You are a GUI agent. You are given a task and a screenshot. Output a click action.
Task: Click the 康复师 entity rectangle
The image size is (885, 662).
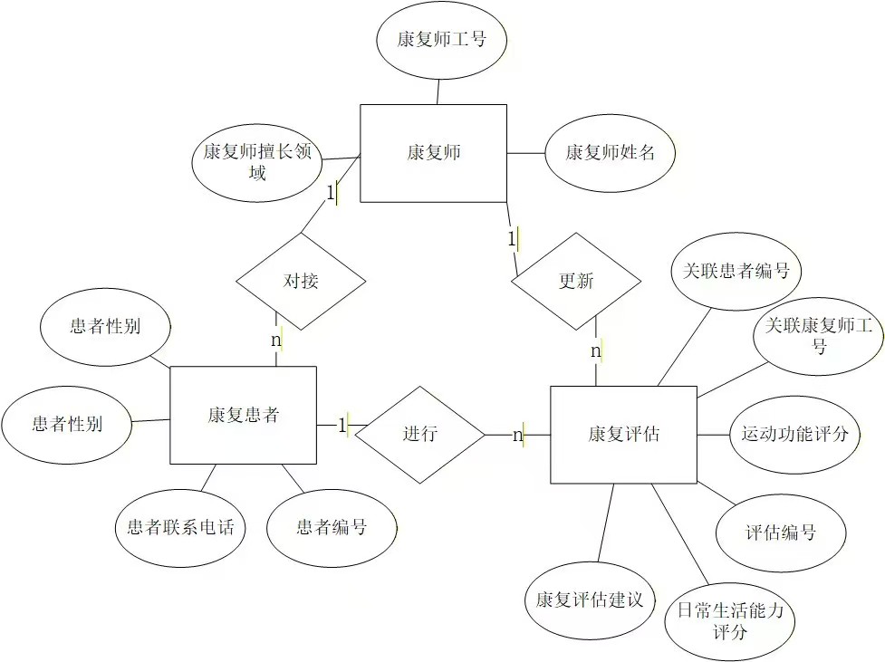(433, 153)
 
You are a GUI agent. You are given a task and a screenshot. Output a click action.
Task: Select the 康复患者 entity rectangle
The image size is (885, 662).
(243, 415)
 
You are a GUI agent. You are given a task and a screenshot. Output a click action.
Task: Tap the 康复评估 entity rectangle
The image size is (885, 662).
(623, 434)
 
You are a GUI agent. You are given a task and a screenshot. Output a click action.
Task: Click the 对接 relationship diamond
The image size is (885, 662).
(301, 281)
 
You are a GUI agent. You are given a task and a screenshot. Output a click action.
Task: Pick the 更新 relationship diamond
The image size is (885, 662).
(576, 281)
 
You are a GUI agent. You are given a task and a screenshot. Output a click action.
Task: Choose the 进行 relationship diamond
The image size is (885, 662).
(420, 434)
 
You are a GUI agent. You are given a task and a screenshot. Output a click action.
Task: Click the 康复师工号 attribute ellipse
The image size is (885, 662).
(440, 40)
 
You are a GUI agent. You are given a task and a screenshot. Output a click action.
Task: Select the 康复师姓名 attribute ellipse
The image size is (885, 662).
(610, 153)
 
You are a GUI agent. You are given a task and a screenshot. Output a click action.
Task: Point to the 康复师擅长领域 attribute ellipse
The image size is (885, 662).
(257, 162)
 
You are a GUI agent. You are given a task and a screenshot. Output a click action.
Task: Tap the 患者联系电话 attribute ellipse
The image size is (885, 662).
(181, 527)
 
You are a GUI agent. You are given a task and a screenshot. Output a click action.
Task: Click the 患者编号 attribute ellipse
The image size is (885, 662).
(332, 527)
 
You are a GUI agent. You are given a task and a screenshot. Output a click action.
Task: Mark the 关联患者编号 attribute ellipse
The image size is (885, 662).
(736, 271)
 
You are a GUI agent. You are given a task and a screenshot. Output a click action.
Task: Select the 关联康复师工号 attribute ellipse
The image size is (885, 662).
(819, 335)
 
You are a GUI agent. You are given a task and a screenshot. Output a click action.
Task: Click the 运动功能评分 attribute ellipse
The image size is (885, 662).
(794, 434)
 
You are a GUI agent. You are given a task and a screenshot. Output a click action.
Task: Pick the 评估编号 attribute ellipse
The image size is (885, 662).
(780, 532)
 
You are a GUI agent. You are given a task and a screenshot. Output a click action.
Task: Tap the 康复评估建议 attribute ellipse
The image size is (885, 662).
(589, 600)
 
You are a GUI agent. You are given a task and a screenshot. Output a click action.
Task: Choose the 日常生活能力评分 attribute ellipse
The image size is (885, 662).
(729, 620)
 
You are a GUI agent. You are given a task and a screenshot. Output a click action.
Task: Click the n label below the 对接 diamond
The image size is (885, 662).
(276, 341)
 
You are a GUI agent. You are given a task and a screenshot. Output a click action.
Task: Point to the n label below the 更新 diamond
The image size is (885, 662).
(596, 350)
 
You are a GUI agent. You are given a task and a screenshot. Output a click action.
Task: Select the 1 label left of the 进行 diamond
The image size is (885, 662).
(343, 425)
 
